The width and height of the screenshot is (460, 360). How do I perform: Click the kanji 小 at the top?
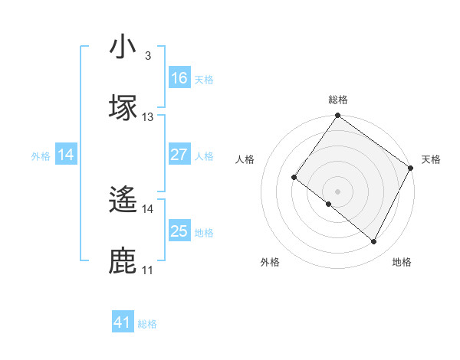(x=123, y=48)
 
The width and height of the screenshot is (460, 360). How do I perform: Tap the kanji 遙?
(x=123, y=201)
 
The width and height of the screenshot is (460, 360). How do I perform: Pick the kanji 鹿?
(x=123, y=260)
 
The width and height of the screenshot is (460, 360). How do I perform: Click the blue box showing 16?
(x=179, y=78)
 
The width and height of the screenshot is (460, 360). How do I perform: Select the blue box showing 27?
(x=179, y=155)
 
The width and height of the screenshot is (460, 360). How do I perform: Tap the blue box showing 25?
(x=179, y=231)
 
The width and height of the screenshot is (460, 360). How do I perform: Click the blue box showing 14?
(x=66, y=155)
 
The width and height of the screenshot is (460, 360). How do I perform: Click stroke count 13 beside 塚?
(x=148, y=116)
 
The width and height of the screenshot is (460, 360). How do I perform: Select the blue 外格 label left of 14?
(x=41, y=156)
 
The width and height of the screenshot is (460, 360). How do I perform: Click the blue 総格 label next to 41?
(x=147, y=324)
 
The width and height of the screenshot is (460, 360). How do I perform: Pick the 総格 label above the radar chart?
(x=337, y=100)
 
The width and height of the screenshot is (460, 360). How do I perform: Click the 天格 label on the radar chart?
(x=431, y=159)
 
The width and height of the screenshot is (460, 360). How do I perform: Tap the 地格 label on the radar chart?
(x=402, y=262)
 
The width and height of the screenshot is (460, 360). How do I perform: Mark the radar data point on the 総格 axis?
(x=337, y=116)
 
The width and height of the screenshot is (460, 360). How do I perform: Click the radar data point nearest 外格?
(x=329, y=204)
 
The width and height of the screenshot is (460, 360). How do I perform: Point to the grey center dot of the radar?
(x=337, y=191)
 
